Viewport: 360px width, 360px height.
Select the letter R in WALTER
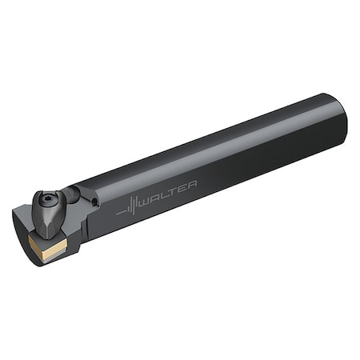(x=193, y=183)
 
